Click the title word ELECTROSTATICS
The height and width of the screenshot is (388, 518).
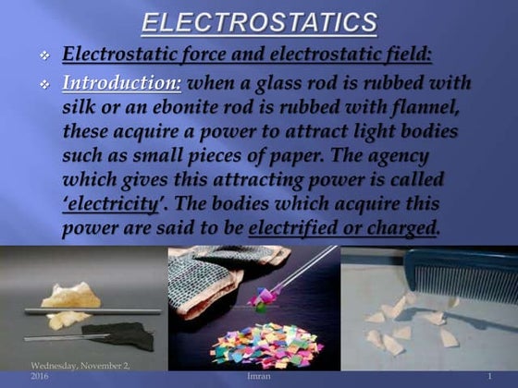[259, 21]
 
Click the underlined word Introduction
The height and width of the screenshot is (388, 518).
[122, 83]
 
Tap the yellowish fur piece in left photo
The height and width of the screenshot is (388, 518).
[65, 301]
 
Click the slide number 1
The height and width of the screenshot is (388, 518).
[488, 377]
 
